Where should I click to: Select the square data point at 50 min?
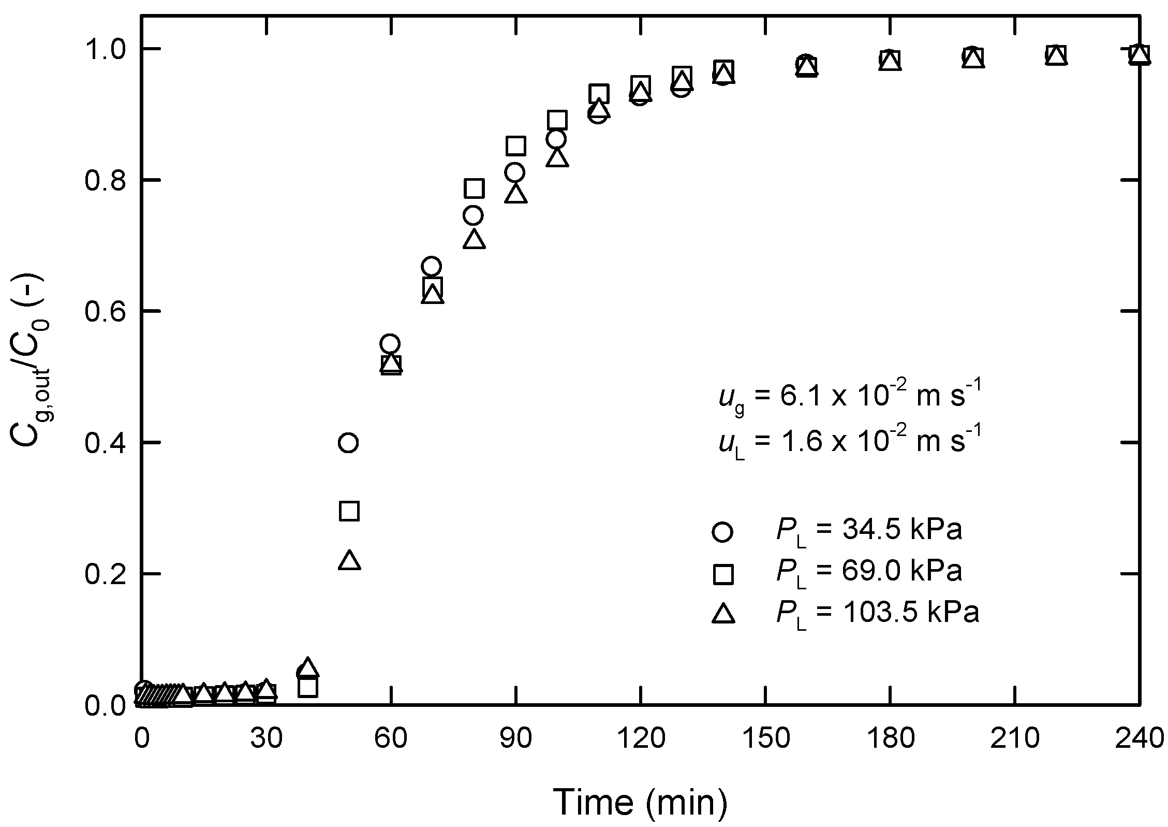(349, 511)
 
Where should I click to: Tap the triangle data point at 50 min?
(349, 561)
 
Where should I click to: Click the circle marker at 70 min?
(431, 267)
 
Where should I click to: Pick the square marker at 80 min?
(474, 188)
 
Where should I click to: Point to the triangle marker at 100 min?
(557, 157)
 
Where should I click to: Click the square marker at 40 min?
(308, 687)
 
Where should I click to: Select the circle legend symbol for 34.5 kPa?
(722, 532)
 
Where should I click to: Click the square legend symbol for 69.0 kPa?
(722, 574)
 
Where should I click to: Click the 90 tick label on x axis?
(515, 739)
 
